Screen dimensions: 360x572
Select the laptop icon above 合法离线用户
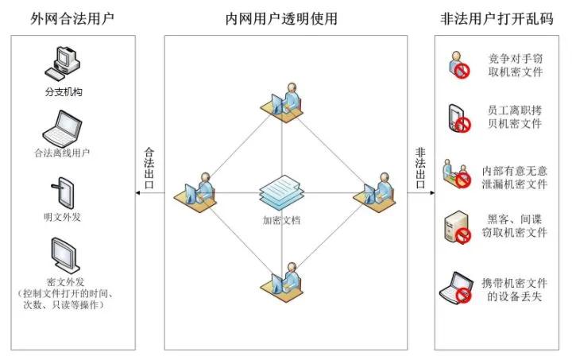63,127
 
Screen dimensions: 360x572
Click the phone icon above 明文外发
63,193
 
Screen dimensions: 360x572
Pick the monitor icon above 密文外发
63,256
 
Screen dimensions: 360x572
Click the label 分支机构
64,92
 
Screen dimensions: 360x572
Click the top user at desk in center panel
285,103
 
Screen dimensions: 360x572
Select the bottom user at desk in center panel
285,281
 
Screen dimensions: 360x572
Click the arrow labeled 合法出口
148,192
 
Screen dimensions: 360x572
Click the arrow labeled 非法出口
421,192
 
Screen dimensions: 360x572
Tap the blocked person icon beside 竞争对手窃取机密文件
458,65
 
